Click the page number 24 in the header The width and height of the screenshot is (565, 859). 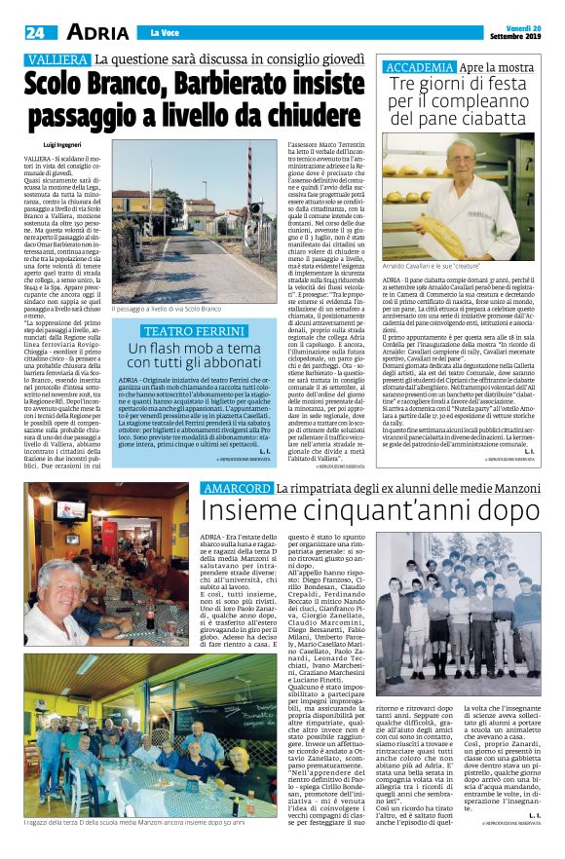35,32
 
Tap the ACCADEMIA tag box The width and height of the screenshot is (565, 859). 421,67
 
